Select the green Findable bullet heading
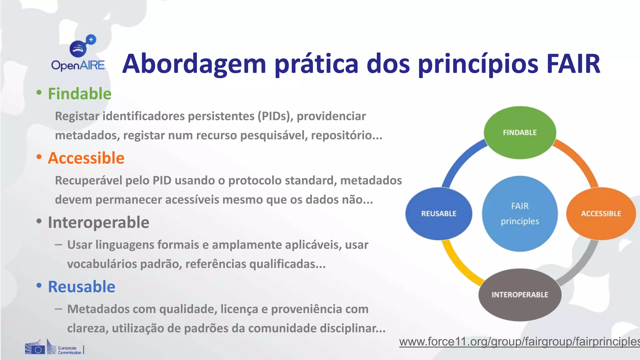(x=79, y=94)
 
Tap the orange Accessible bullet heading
(x=86, y=158)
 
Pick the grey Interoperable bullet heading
(x=98, y=222)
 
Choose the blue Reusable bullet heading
(x=82, y=287)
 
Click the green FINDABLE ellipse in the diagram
(x=520, y=132)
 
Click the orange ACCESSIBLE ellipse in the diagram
(x=601, y=214)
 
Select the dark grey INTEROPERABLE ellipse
(x=520, y=295)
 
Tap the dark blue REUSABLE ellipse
(x=439, y=214)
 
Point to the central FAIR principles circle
(x=520, y=214)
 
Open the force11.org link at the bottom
(x=519, y=342)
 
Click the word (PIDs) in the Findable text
(x=275, y=116)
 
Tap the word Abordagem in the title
(x=194, y=64)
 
